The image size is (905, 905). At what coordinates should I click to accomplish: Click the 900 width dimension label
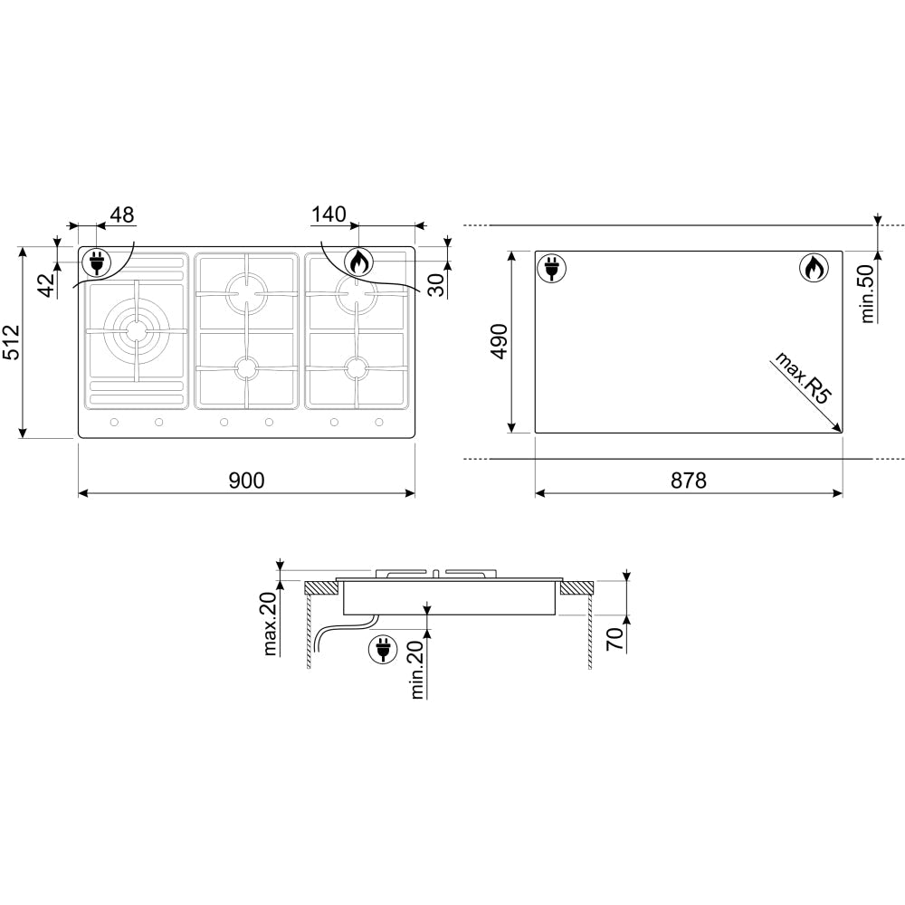[x=246, y=481]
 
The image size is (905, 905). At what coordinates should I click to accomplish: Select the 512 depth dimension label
[x=12, y=343]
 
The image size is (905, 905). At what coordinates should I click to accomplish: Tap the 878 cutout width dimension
[x=689, y=481]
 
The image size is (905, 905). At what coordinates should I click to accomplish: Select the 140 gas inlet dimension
[x=328, y=214]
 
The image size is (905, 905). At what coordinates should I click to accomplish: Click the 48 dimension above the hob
[x=121, y=214]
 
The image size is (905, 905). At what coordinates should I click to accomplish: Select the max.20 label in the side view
[x=271, y=624]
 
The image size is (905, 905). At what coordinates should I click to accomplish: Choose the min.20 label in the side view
[x=418, y=669]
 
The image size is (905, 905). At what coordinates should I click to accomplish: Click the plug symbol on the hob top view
[x=95, y=263]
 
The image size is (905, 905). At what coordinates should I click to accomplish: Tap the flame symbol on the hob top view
[x=358, y=262]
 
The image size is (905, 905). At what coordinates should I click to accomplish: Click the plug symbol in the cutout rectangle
[x=551, y=269]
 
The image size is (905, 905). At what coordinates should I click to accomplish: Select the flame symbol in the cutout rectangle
[x=812, y=269]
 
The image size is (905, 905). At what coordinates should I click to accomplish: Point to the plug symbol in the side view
[x=382, y=649]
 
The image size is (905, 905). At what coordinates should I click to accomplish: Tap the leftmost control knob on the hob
[x=114, y=423]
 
